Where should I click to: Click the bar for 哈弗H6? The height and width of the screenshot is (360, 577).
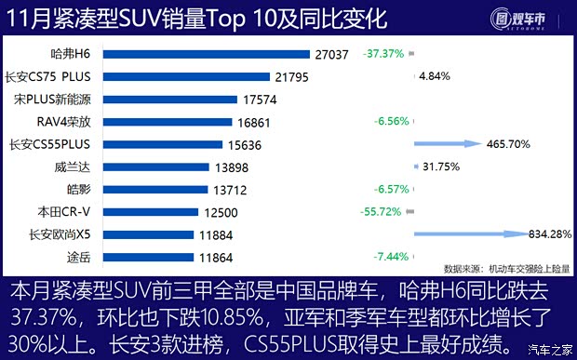pyautogui.click(x=205, y=55)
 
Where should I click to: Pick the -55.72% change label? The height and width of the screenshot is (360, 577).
pyautogui.click(x=382, y=211)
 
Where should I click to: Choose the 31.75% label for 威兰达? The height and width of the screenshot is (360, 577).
pyautogui.click(x=441, y=167)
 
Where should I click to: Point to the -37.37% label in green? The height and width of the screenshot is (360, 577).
pyautogui.click(x=382, y=54)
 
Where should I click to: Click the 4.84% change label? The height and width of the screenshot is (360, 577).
pyautogui.click(x=436, y=76)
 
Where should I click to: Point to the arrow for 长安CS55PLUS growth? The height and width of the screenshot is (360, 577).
pyautogui.click(x=447, y=144)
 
